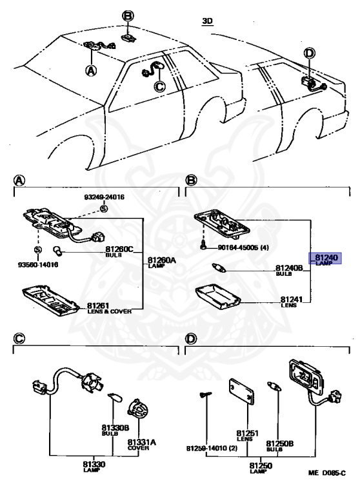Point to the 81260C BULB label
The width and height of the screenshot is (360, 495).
118,251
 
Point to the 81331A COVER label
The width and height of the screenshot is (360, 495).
142,443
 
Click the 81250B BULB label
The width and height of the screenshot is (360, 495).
280,445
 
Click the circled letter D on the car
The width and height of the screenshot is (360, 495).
310,53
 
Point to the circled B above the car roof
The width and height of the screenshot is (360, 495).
128,15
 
